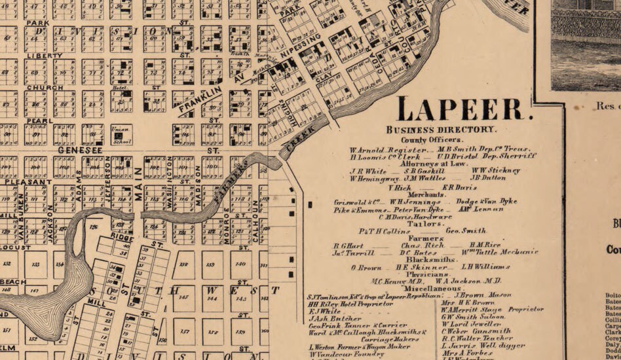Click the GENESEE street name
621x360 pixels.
click(77, 150)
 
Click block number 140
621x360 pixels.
click(240, 263)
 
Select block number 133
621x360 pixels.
click(36, 264)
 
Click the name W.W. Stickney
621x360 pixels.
click(495, 170)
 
